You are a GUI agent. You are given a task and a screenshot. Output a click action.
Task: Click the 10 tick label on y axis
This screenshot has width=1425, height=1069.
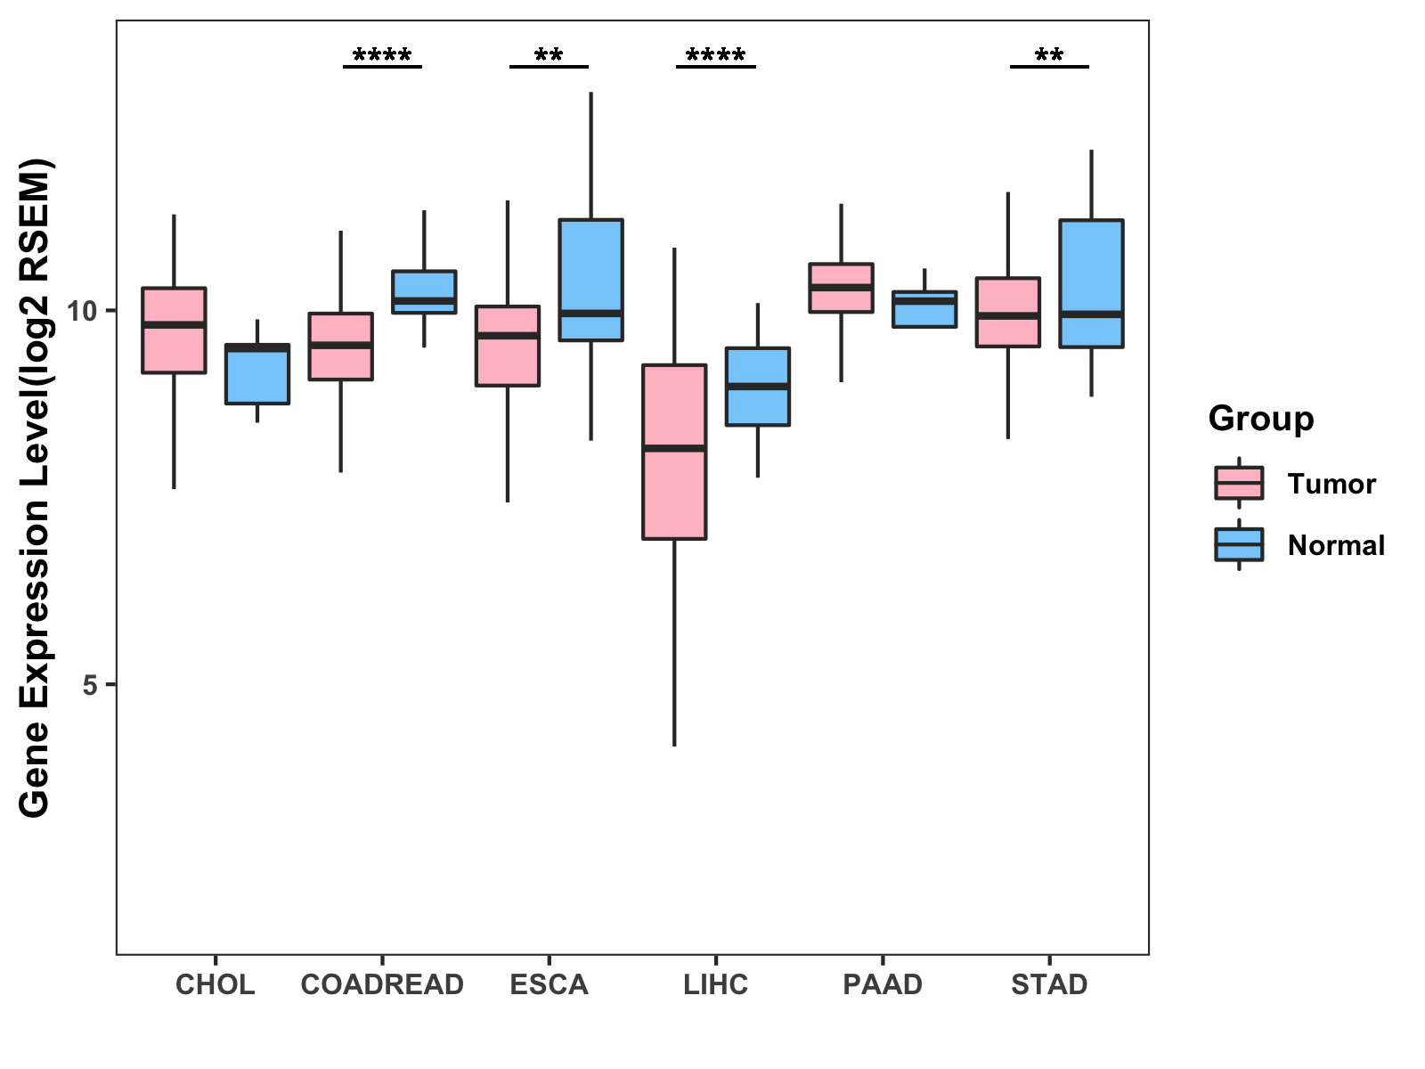click(82, 311)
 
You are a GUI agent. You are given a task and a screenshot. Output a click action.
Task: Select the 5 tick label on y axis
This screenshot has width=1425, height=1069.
click(89, 685)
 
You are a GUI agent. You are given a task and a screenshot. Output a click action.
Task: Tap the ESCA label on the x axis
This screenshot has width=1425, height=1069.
click(549, 984)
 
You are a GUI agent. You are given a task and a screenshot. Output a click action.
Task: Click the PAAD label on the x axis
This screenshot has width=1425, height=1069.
click(883, 984)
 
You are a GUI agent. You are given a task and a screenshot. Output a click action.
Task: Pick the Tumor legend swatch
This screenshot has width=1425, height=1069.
click(1239, 483)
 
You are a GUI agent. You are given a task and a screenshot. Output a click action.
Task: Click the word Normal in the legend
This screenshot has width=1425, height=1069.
click(1336, 545)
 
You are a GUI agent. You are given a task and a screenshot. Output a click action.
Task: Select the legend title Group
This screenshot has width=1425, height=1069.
click(1261, 419)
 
